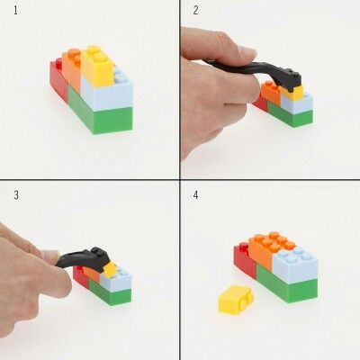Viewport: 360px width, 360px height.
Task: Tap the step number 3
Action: [x=15, y=194]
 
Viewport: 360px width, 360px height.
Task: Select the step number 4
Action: [x=196, y=194]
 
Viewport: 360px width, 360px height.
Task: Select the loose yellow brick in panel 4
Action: [x=234, y=299]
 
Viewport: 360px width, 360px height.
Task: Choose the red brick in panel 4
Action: [x=243, y=260]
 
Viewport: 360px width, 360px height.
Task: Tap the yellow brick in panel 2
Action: [x=294, y=91]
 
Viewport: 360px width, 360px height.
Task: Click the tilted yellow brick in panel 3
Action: [x=109, y=268]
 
